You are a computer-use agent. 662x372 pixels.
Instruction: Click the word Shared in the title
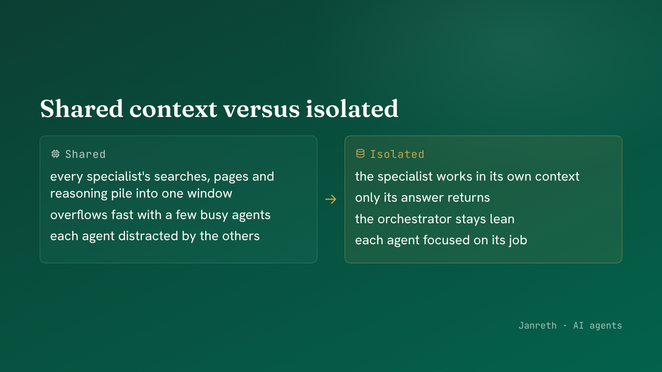[x=82, y=109]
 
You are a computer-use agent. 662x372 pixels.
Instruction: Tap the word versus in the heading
[x=261, y=110]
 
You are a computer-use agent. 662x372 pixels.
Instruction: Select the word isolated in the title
[x=352, y=109]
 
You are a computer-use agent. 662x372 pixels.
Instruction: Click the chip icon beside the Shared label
[x=55, y=154]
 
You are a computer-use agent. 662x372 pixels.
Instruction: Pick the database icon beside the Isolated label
[x=360, y=154]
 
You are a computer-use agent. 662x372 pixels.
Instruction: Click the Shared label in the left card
[x=85, y=154]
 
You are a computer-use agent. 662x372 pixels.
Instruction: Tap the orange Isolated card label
[x=397, y=154]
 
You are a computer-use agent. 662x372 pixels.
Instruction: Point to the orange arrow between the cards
[x=331, y=199]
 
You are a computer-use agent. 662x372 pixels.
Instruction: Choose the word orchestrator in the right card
[x=414, y=219]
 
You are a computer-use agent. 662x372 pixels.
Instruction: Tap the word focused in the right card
[x=446, y=240]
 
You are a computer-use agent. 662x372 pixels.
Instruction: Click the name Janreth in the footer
[x=537, y=325]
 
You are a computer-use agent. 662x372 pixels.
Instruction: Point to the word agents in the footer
[x=606, y=326]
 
